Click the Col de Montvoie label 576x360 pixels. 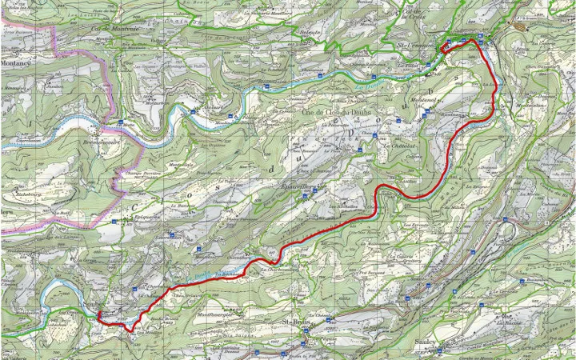(115, 30)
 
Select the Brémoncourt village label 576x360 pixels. (100, 142)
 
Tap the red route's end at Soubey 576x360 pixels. (99, 315)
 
